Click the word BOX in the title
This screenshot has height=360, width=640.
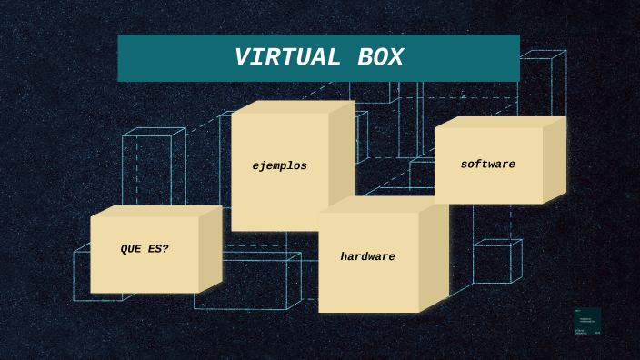pyautogui.click(x=374, y=58)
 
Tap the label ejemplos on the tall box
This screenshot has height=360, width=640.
pyautogui.click(x=279, y=166)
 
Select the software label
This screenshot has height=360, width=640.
pyautogui.click(x=487, y=165)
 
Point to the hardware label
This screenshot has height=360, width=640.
pyautogui.click(x=367, y=257)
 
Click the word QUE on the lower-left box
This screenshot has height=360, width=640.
pyautogui.click(x=132, y=249)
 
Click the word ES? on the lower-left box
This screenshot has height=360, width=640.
pyautogui.click(x=158, y=249)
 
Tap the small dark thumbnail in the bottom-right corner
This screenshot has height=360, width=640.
pyautogui.click(x=587, y=321)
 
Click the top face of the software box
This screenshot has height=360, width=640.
pyautogui.click(x=500, y=122)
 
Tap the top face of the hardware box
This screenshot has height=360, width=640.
pyautogui.click(x=382, y=205)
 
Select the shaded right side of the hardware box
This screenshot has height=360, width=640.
pyautogui.click(x=434, y=255)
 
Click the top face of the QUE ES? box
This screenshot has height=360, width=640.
pyautogui.click(x=155, y=211)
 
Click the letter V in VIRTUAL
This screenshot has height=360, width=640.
pyautogui.click(x=241, y=58)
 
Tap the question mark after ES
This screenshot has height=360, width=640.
pyautogui.click(x=165, y=249)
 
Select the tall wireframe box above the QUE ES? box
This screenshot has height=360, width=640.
pyautogui.click(x=152, y=168)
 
